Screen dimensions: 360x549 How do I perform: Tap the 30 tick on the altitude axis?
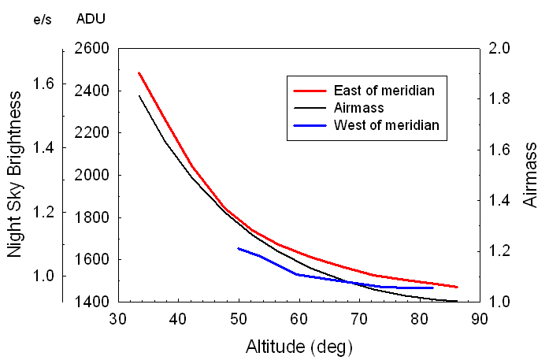[x=117, y=319]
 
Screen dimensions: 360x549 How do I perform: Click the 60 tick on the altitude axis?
[x=299, y=319]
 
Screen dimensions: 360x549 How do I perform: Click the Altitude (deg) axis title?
[x=299, y=346]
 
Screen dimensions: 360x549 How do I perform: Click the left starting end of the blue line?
[x=239, y=248]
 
